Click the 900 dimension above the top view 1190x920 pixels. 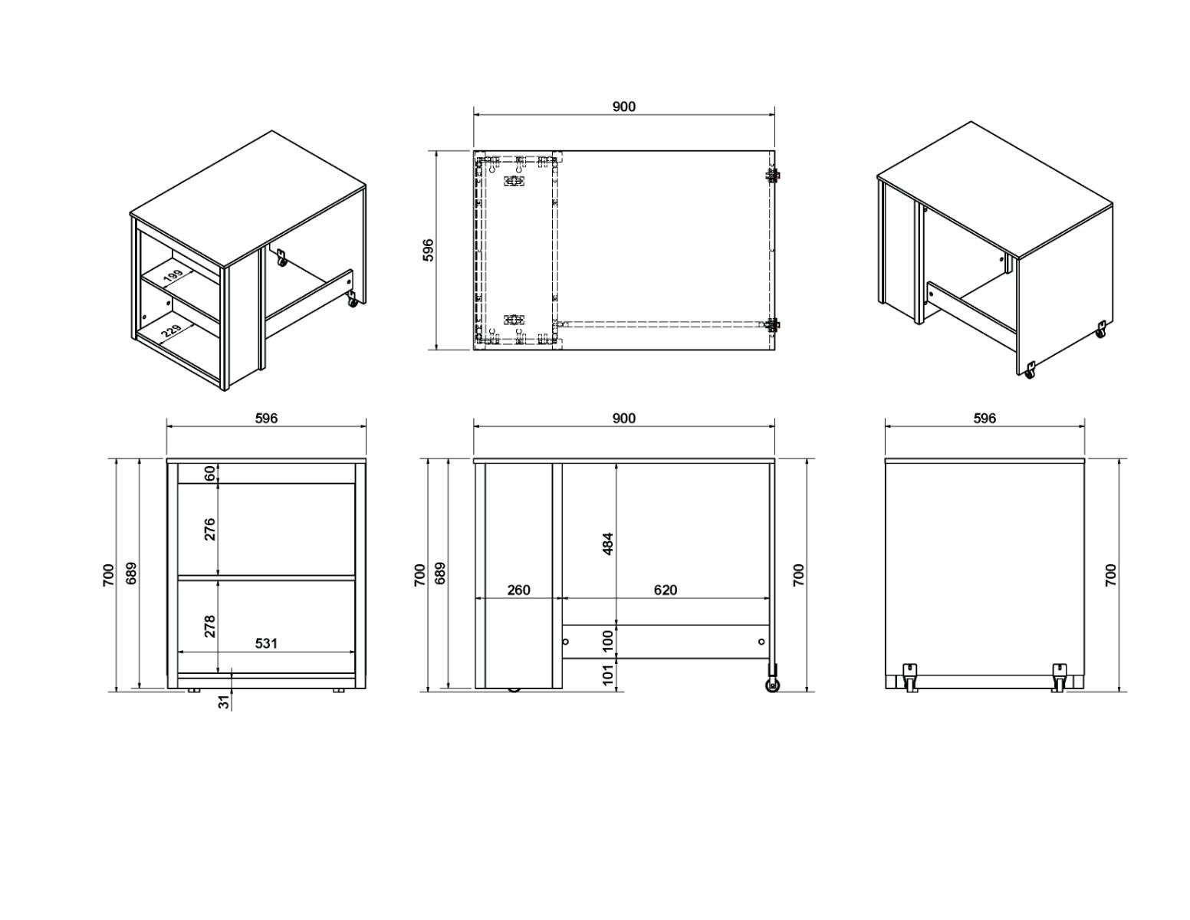(623, 107)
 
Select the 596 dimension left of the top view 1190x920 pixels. (429, 250)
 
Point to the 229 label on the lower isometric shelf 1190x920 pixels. (171, 331)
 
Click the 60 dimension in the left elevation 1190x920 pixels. (209, 473)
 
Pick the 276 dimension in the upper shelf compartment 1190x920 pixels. (209, 529)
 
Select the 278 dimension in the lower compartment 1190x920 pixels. (209, 626)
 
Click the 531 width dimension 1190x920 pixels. (266, 643)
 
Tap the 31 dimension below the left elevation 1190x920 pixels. (224, 701)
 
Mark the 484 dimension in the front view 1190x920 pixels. (608, 544)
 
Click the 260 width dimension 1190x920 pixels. (519, 590)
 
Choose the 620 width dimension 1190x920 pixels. (665, 590)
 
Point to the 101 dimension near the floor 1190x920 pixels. (608, 674)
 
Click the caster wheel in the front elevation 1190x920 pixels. (772, 685)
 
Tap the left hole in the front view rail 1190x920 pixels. (566, 641)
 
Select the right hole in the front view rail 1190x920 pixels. (761, 641)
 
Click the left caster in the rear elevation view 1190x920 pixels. (911, 677)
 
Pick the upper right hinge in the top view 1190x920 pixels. (773, 176)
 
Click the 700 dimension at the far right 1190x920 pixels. (1111, 575)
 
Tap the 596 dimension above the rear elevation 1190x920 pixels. (985, 418)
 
